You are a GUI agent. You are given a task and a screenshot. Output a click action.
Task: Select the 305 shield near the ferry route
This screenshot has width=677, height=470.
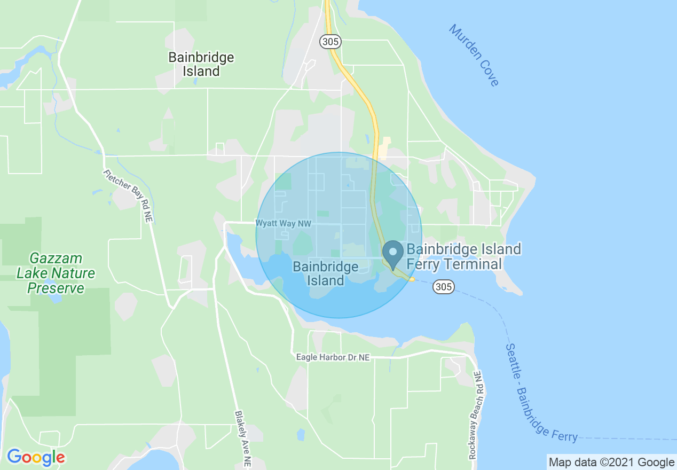coord(444,287)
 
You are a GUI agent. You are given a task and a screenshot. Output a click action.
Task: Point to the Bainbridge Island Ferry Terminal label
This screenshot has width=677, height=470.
coord(463,256)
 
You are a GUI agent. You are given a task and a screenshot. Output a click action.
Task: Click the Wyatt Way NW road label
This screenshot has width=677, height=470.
coord(283,224)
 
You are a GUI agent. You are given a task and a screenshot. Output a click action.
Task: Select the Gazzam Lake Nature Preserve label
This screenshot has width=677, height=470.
coord(56,273)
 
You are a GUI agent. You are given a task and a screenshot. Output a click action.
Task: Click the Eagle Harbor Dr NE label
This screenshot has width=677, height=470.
coord(333,357)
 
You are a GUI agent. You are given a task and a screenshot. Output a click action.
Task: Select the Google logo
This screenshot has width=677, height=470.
coord(36,458)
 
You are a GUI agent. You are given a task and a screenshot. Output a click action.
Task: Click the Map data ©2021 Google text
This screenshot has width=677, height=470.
coord(611,462)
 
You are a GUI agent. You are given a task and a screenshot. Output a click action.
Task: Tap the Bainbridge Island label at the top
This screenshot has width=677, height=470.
coord(201,64)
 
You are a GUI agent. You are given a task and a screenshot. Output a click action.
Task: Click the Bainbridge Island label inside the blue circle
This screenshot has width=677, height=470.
coord(326,273)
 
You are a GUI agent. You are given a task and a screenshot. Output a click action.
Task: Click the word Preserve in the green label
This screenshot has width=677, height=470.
coord(56,288)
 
